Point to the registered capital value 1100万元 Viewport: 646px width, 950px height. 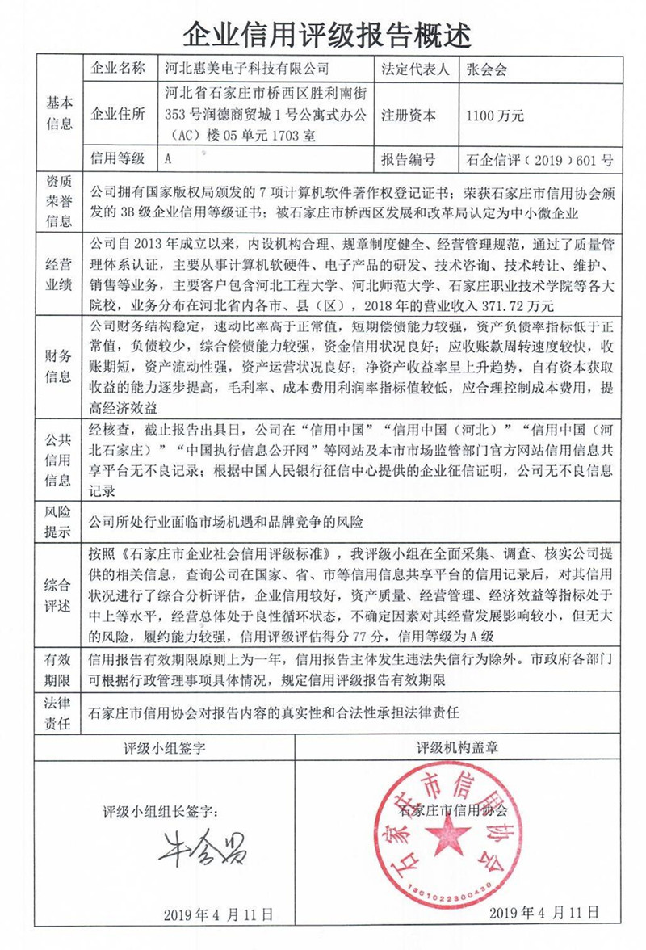[x=495, y=116]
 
